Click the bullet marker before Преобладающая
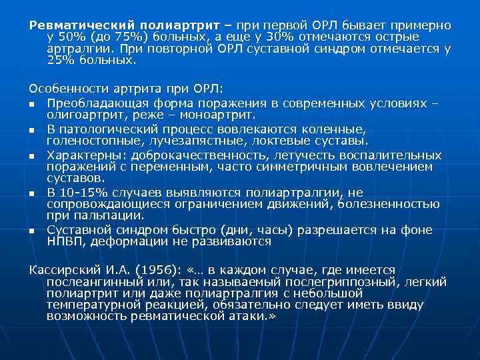(32, 105)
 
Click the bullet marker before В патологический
(32, 130)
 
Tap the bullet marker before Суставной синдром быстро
(32, 231)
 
